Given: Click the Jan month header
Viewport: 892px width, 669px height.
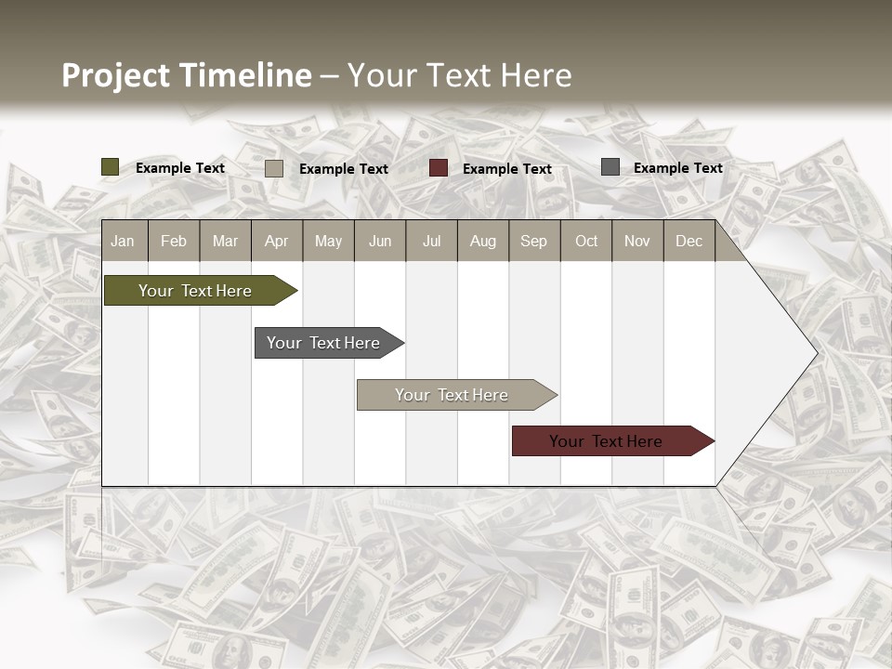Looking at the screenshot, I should (x=123, y=242).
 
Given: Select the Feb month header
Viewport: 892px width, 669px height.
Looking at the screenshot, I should (x=174, y=242).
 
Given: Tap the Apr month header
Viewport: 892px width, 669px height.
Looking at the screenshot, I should (x=276, y=242).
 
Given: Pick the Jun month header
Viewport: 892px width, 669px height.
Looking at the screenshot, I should (x=380, y=242).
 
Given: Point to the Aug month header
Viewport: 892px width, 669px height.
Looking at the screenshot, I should (x=482, y=242).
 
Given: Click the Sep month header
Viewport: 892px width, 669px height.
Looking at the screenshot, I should (x=533, y=242).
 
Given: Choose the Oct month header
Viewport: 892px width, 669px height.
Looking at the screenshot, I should (x=586, y=242).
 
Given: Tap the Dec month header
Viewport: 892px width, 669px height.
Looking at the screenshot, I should (x=689, y=242).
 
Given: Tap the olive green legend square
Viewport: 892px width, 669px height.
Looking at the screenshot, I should (x=111, y=167).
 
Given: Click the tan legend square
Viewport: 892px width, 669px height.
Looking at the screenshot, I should (x=274, y=168).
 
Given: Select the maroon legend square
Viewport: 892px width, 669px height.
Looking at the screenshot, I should (x=439, y=168).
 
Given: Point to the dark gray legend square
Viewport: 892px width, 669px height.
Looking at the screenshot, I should (x=610, y=167).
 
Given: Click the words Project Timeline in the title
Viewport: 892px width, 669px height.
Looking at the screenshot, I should (x=186, y=75).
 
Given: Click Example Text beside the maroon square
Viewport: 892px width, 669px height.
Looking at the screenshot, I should (x=507, y=169).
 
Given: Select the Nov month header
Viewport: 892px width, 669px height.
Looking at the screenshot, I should (x=637, y=242).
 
